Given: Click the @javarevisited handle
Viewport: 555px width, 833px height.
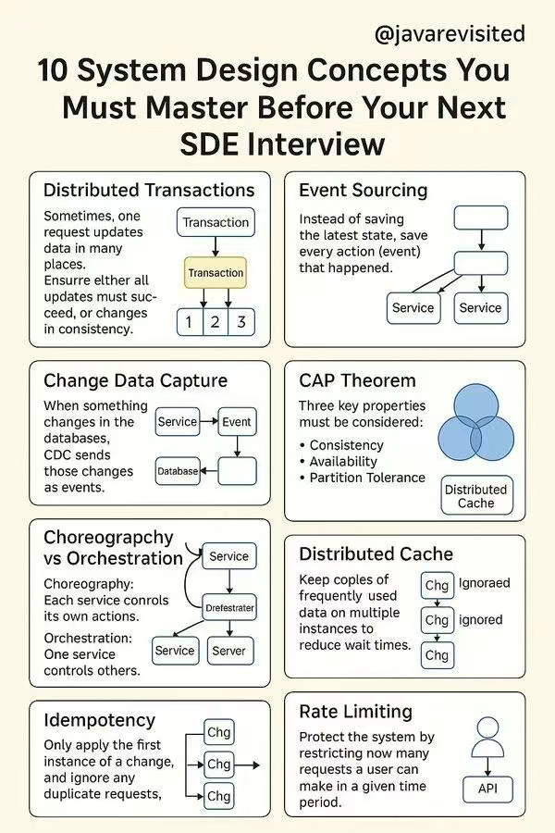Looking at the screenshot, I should [450, 34].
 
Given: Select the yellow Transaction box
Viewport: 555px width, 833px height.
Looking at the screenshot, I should [216, 273].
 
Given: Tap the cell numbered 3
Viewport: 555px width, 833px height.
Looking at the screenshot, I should [241, 322].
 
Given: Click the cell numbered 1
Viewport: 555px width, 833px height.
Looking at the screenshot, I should [190, 322].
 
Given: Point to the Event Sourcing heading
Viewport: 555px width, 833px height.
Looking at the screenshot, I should [363, 191].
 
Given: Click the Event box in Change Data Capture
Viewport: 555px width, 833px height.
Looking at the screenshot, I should [236, 422].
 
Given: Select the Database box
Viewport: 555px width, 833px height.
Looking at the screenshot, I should [178, 471].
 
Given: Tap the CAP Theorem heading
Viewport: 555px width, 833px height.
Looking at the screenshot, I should [357, 380].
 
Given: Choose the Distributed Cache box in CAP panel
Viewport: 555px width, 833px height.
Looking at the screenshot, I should [475, 496].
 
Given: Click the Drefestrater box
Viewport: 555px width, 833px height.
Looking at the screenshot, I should [229, 608].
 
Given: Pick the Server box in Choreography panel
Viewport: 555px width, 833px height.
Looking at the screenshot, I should [228, 651].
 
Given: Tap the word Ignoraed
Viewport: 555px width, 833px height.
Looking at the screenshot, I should [484, 583].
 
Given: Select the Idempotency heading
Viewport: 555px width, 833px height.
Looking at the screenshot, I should [100, 720].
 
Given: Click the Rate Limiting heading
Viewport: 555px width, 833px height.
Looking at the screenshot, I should [355, 712].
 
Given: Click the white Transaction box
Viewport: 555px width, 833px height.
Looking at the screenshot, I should [216, 222].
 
